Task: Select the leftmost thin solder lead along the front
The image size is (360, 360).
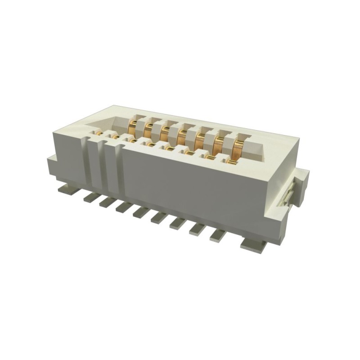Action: pos(90,197)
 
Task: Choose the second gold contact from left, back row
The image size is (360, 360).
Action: pos(148,130)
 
